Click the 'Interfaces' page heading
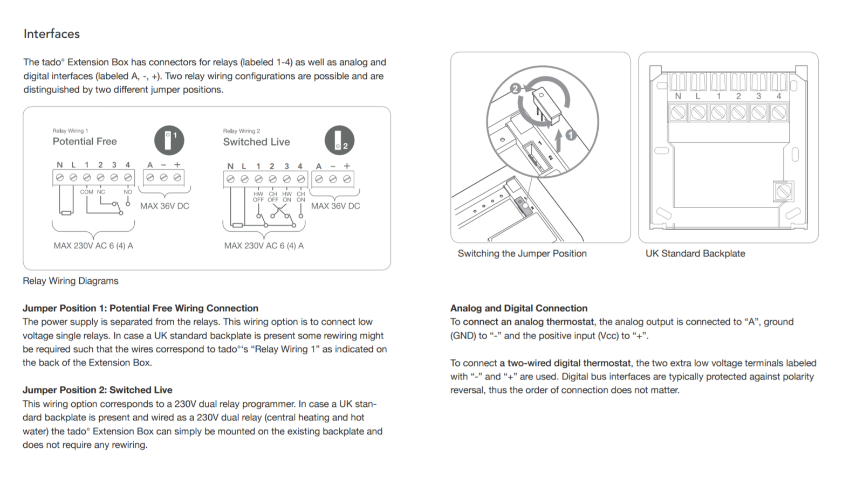[x=52, y=34]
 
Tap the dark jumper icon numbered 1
[x=169, y=140]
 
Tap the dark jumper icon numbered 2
[x=339, y=140]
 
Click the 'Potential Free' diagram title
[x=85, y=141]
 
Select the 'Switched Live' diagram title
[x=256, y=142]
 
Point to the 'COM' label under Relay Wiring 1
[x=86, y=192]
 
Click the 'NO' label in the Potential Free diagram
[x=128, y=192]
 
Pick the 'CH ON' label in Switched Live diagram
[x=300, y=197]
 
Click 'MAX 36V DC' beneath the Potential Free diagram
[x=165, y=206]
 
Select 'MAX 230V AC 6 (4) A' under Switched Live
[x=264, y=246]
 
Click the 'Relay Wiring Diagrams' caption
[x=71, y=281]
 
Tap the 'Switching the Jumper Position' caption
[x=522, y=253]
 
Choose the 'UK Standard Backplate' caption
[x=695, y=253]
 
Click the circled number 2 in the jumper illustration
[x=516, y=88]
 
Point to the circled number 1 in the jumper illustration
[x=571, y=135]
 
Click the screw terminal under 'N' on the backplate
[x=678, y=113]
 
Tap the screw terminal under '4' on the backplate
[x=778, y=113]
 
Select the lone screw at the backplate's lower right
[x=783, y=191]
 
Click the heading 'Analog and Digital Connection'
[x=519, y=308]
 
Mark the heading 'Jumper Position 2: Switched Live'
[x=98, y=390]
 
